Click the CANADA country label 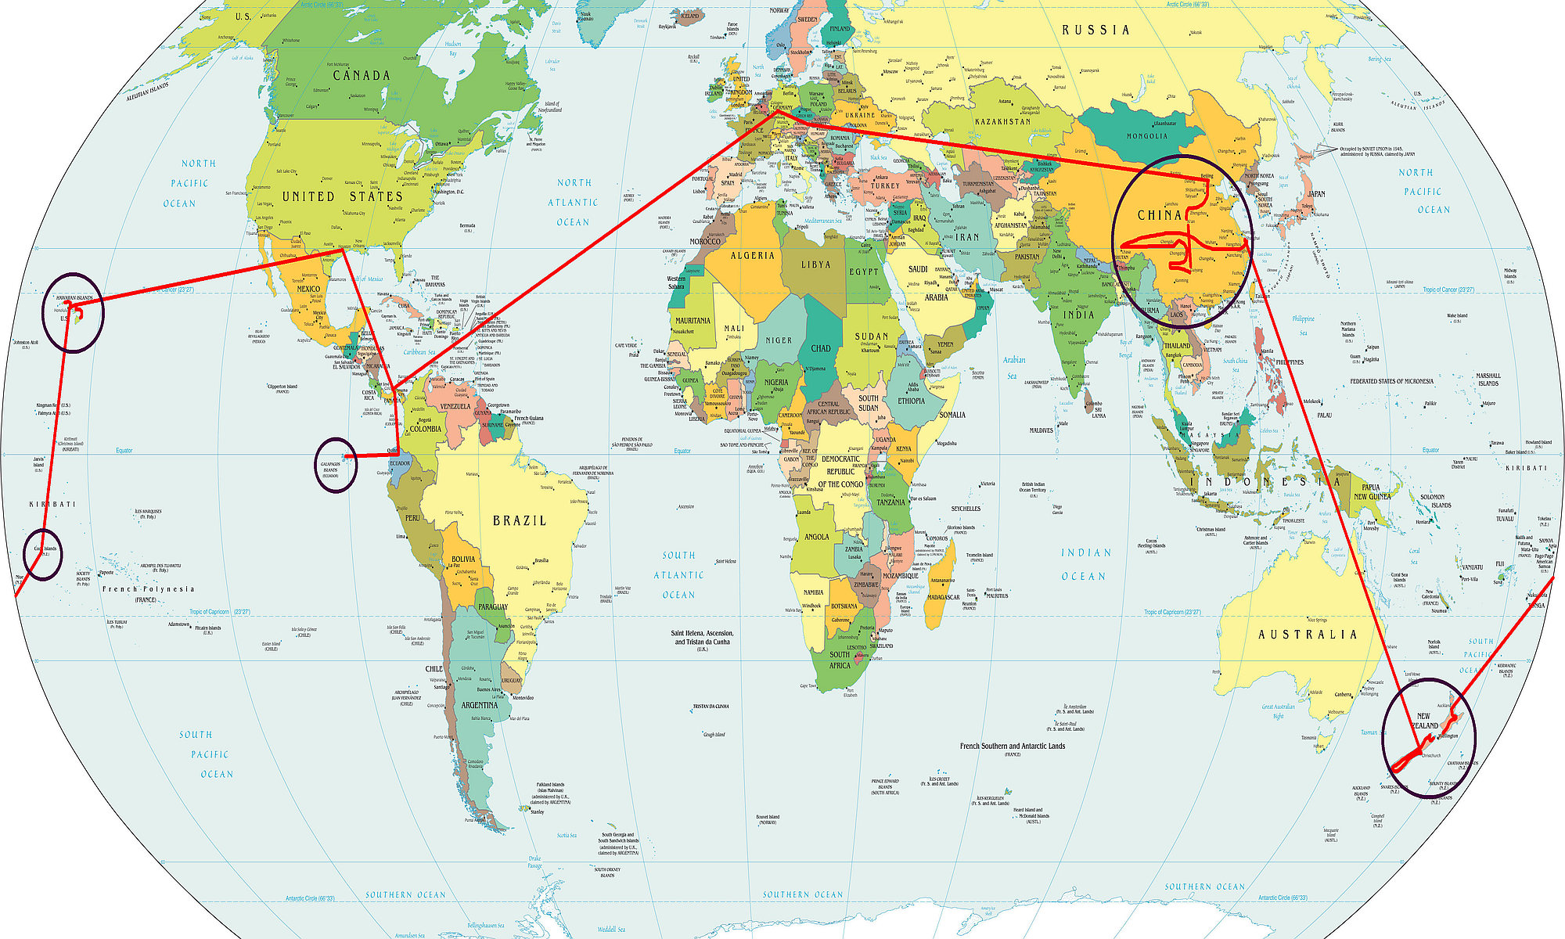[361, 76]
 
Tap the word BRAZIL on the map [520, 520]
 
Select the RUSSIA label [1095, 30]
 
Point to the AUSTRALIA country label [1307, 635]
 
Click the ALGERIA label [752, 256]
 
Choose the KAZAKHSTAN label [1002, 122]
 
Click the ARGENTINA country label [479, 705]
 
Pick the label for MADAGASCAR [943, 597]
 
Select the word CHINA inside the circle [1159, 215]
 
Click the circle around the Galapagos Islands [336, 465]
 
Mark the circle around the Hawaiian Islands [73, 312]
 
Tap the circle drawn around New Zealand [1429, 738]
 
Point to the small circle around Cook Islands [42, 554]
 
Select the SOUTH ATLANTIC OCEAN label [678, 575]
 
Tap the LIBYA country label [815, 264]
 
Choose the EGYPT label [864, 272]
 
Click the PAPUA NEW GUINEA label [1372, 492]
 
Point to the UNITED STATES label [342, 197]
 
